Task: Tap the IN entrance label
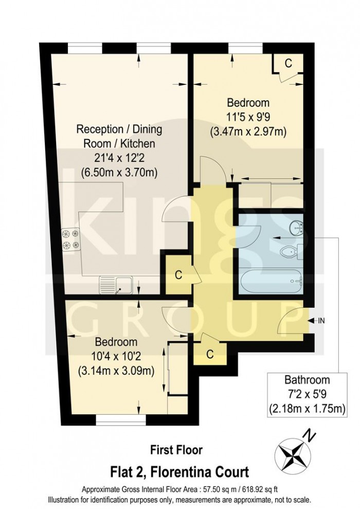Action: click(x=321, y=321)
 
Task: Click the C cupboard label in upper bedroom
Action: click(x=288, y=64)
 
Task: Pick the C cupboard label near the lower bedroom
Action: click(x=209, y=354)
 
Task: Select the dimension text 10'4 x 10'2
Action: click(x=115, y=356)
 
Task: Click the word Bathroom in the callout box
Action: click(x=307, y=380)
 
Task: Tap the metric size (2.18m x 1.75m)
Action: click(x=307, y=410)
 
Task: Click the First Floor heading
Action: click(x=176, y=450)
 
